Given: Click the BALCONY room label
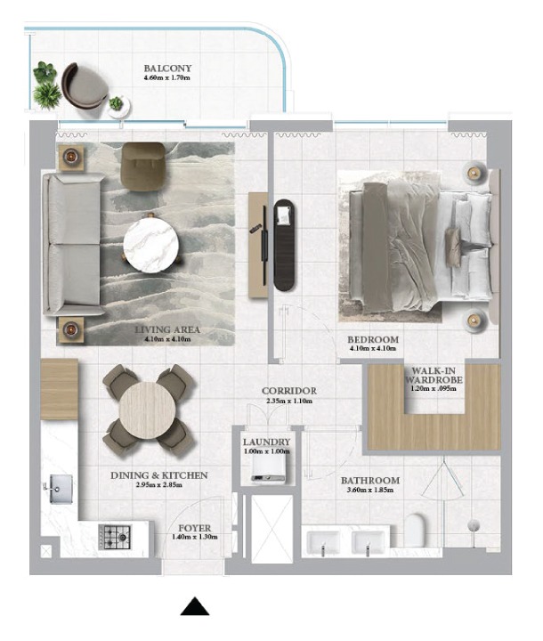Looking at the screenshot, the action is tap(167, 69).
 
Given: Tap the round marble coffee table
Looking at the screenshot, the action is tap(150, 245).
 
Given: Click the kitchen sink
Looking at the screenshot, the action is tap(61, 489).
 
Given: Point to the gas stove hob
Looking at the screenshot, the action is tap(115, 537).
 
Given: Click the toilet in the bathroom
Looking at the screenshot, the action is tap(415, 530).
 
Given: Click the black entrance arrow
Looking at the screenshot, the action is tap(195, 606).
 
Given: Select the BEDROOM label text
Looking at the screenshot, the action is tap(373, 339).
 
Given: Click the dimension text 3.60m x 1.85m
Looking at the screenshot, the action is tap(370, 490).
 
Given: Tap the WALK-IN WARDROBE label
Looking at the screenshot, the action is tap(434, 376).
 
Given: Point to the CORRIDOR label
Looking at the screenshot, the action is tap(289, 391).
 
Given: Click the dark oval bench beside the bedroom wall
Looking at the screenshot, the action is tap(285, 245).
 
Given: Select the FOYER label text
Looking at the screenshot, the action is tap(195, 528).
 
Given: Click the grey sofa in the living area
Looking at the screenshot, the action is tap(73, 244).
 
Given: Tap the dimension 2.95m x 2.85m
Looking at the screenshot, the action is tap(159, 485).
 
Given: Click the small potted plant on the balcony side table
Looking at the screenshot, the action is tap(116, 103).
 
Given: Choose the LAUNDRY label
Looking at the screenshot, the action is tap(266, 442).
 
